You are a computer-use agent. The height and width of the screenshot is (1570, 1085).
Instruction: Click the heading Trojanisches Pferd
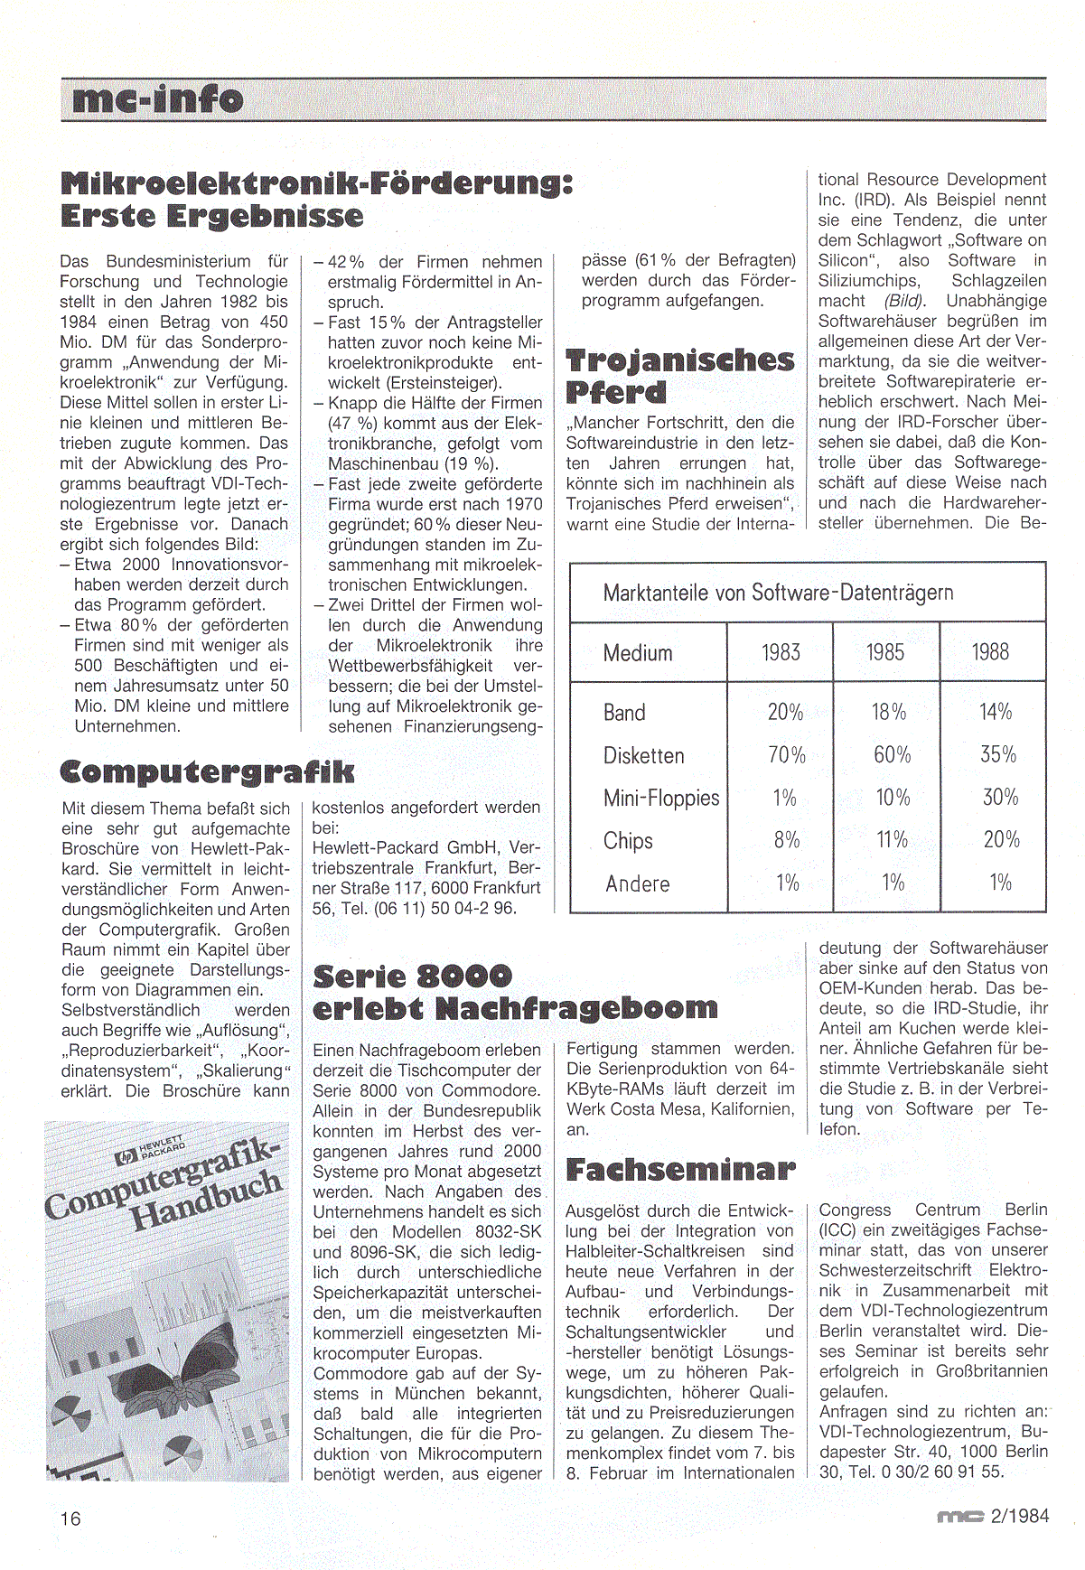679,376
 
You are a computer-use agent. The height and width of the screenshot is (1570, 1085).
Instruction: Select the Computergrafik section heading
207,771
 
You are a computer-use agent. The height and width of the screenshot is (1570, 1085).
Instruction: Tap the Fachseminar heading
680,1170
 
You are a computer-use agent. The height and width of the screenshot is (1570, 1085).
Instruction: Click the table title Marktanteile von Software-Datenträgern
778,593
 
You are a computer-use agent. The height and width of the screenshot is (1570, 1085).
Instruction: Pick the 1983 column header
781,652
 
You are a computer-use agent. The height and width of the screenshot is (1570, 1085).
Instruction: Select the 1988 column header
990,652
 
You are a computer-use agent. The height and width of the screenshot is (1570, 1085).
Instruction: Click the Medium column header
638,653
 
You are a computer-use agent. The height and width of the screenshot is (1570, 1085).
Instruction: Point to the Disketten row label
643,755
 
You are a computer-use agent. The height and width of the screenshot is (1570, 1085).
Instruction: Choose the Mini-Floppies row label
661,798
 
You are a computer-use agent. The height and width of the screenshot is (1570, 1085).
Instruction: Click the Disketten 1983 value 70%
786,755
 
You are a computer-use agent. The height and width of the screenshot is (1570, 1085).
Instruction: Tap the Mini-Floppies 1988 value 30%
1000,798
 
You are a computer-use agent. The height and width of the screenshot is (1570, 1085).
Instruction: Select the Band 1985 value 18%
889,712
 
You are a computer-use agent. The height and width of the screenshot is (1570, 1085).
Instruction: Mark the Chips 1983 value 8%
787,840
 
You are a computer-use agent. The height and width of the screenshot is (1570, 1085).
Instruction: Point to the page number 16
70,1519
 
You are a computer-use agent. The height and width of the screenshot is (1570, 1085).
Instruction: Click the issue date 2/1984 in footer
1020,1516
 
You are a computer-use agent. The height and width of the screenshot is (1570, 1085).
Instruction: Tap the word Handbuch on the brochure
206,1201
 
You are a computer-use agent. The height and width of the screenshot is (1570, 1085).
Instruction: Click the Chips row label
628,841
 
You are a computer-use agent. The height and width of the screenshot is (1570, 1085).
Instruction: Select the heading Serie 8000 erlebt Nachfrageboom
515,992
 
